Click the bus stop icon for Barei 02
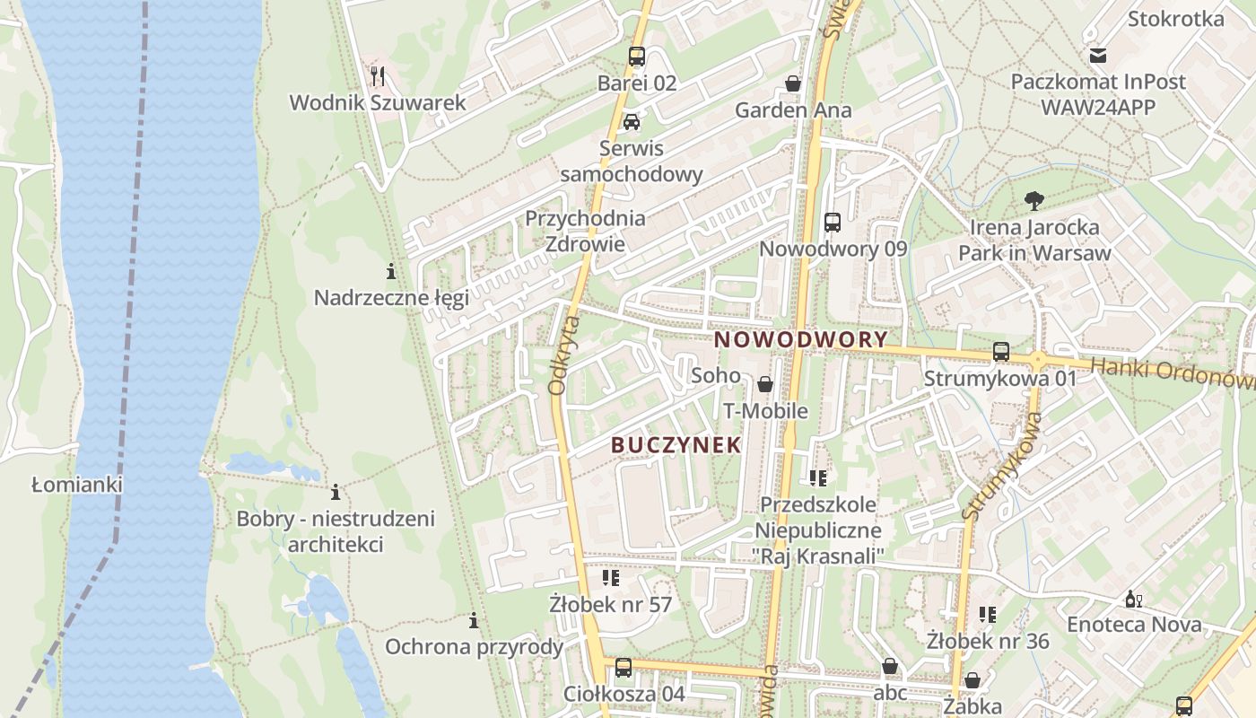pos(637,57)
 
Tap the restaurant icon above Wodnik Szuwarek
pos(378,75)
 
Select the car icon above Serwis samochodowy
pos(632,122)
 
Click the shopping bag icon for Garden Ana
pos(793,83)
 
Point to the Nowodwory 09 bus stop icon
pos(833,222)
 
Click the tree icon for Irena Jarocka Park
pos(1034,200)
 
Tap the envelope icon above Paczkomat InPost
pos(1098,56)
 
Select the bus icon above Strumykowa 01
pos(1001,352)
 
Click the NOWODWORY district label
pos(801,340)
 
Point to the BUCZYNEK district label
pos(676,444)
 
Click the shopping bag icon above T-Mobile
pos(765,384)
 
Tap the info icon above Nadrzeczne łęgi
pos(391,271)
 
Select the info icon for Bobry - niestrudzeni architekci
pos(336,492)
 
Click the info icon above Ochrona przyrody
pos(474,620)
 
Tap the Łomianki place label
pos(76,485)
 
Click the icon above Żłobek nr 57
pos(611,578)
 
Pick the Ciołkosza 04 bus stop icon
pos(624,667)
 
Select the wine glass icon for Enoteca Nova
pos(1134,599)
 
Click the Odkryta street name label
pos(563,355)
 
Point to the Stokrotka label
pos(1175,19)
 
